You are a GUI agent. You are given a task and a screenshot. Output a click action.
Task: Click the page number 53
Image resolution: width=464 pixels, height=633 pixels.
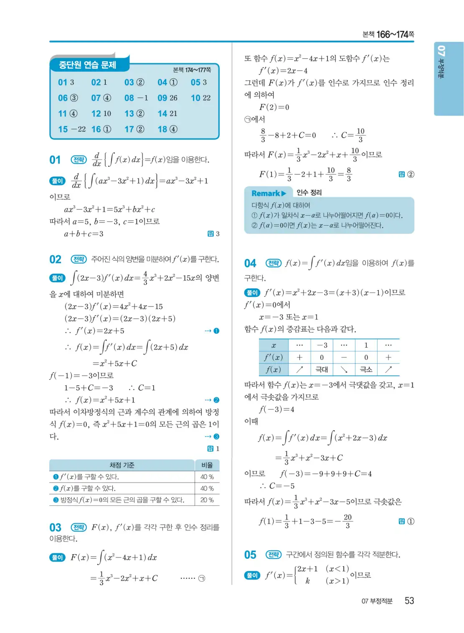pyautogui.click(x=409, y=600)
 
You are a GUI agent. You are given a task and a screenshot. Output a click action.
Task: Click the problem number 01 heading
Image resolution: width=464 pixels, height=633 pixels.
pyautogui.click(x=55, y=160)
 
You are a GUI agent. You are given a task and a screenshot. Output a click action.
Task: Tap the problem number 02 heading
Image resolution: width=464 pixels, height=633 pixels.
pyautogui.click(x=55, y=259)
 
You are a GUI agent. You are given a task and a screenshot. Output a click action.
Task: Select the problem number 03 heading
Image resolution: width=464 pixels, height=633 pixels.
pyautogui.click(x=55, y=527)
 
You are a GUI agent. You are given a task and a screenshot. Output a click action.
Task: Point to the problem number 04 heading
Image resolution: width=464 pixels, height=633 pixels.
pyautogui.click(x=250, y=263)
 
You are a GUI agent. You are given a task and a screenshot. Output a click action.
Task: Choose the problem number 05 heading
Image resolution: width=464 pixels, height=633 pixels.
pyautogui.click(x=250, y=555)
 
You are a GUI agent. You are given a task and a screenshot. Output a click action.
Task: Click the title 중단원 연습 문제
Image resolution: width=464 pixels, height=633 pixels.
pyautogui.click(x=87, y=65)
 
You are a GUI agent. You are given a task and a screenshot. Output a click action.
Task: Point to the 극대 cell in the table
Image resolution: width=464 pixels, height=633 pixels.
pyautogui.click(x=322, y=369)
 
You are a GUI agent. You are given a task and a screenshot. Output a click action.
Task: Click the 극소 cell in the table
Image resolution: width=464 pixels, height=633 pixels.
pyautogui.click(x=366, y=369)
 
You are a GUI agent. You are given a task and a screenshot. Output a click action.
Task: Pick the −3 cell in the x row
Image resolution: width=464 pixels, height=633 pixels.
pyautogui.click(x=322, y=345)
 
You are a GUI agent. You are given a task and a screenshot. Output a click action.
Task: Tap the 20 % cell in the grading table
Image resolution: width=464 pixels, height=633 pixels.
pyautogui.click(x=207, y=500)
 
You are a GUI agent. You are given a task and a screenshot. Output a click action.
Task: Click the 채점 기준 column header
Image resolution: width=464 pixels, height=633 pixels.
pyautogui.click(x=122, y=465)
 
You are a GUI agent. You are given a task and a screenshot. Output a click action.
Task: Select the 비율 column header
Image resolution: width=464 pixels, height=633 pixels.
pyautogui.click(x=207, y=465)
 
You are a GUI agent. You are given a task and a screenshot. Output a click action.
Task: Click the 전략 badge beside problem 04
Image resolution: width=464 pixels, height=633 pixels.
pyautogui.click(x=274, y=263)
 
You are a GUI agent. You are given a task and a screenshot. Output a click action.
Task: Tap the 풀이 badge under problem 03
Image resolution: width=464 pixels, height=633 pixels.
pyautogui.click(x=57, y=558)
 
